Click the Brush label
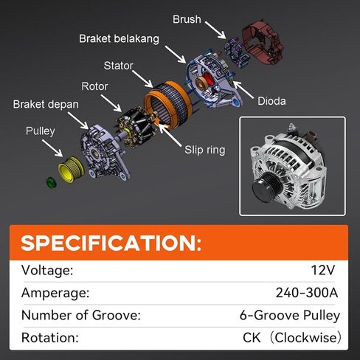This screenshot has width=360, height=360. pos(187,18)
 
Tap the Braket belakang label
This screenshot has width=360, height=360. pos(119,38)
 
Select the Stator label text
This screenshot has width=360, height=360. pos(118,65)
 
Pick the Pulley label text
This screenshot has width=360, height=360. pos(41,131)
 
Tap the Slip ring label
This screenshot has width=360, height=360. pos(204,150)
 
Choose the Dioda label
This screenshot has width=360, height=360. pos(271,101)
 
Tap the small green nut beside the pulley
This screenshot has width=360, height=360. pos(51,181)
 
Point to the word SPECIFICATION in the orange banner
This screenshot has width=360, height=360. pos(110,243)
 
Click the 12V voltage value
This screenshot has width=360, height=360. pos(325,270)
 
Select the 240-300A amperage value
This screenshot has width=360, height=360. pos(307,293)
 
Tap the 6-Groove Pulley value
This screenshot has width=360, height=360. pos(290,316)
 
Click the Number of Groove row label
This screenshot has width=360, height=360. pos(80,316)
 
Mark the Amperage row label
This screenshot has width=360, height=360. pos(55,293)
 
